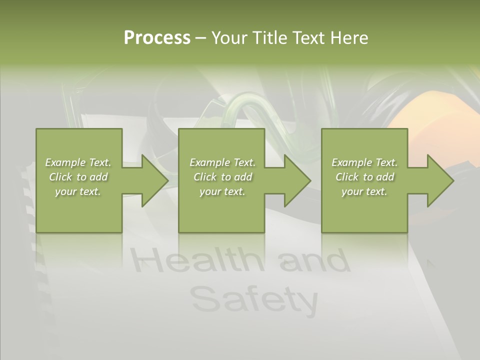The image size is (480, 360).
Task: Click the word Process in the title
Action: (x=157, y=38)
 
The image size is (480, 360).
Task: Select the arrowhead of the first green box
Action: (x=155, y=180)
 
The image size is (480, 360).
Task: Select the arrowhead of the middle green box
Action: (x=297, y=180)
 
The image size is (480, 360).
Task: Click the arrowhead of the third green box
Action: (x=440, y=180)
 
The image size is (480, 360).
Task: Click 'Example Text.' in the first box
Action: (x=78, y=162)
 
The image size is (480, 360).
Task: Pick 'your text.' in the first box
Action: (x=78, y=191)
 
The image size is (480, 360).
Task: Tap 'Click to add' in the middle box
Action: (x=222, y=177)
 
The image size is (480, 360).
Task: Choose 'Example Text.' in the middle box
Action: (x=222, y=162)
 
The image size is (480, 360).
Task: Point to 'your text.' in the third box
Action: (x=364, y=191)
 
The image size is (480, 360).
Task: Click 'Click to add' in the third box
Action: (x=364, y=177)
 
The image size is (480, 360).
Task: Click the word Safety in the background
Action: (x=254, y=299)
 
